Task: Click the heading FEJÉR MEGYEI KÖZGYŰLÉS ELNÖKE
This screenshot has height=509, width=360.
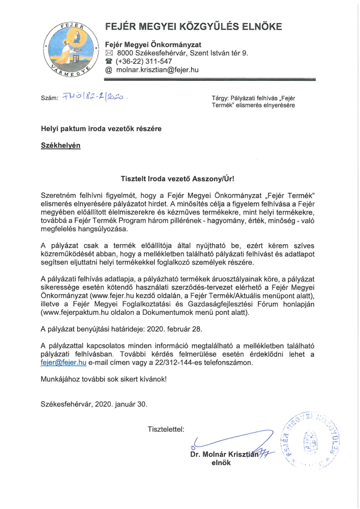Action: (x=193, y=27)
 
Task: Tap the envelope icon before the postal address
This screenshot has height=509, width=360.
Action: (x=108, y=53)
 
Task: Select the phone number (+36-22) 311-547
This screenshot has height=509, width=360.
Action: (x=144, y=62)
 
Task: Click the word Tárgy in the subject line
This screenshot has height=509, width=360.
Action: (x=220, y=98)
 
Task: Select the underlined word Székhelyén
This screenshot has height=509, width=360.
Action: (x=61, y=147)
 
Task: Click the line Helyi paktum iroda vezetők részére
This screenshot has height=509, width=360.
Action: (x=101, y=129)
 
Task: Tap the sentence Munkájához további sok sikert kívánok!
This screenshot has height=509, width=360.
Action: (x=104, y=378)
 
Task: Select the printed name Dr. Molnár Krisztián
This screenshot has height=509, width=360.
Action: (x=224, y=454)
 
